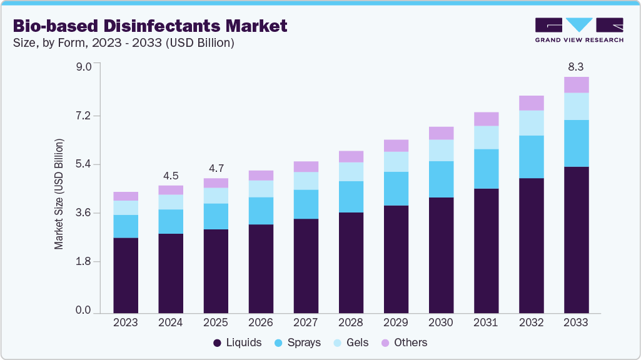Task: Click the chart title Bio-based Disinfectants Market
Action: (150, 26)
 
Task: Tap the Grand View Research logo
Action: (578, 29)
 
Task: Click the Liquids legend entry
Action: (238, 342)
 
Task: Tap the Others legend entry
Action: (404, 342)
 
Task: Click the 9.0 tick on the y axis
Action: (84, 67)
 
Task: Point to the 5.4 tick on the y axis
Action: (84, 164)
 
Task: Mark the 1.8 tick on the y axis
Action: (84, 262)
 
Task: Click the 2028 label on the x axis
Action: (351, 322)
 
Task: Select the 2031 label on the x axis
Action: (486, 322)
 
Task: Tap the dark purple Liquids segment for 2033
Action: (576, 239)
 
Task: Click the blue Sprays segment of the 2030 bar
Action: (441, 179)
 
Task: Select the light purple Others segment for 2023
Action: (126, 196)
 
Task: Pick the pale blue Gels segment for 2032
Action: (531, 123)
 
